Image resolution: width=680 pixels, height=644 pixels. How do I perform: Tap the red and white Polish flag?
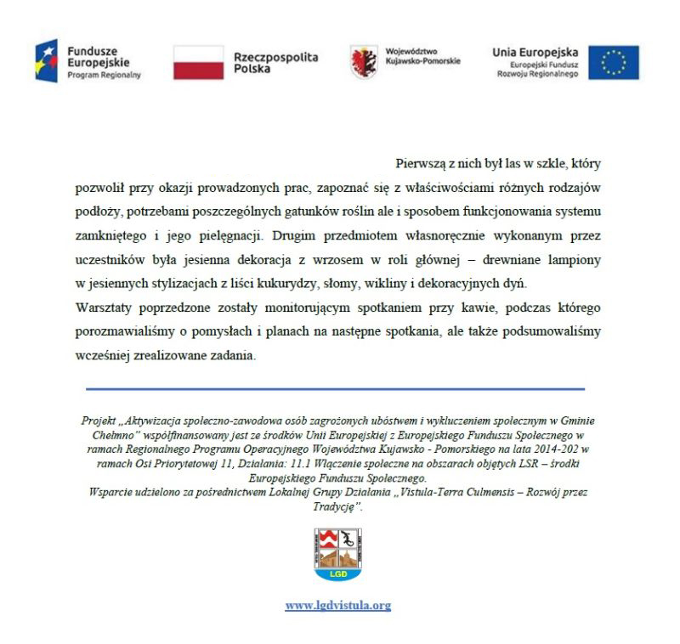[x=198, y=62]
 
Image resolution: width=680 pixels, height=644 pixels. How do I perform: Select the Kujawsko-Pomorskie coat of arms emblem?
[x=365, y=61]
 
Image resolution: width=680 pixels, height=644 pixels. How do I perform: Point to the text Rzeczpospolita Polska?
[x=275, y=62]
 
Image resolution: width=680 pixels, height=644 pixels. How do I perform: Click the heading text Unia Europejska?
[x=535, y=52]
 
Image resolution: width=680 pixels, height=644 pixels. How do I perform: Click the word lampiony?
[x=578, y=257]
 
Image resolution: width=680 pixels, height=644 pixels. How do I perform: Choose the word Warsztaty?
[x=103, y=306]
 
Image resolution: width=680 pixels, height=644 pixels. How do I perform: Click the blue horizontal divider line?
[x=335, y=388]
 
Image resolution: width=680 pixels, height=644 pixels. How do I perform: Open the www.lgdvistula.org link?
[x=337, y=606]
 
